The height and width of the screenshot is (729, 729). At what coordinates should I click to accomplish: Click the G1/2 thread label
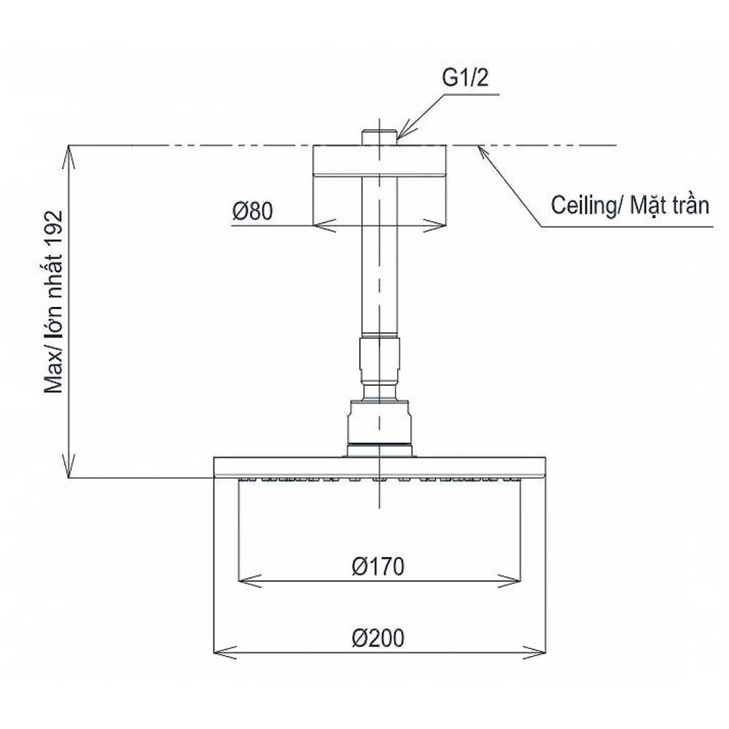pos(465,78)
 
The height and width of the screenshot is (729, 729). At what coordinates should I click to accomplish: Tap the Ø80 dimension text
pos(252,211)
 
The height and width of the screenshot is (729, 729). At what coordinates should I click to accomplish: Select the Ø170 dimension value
pos(378,566)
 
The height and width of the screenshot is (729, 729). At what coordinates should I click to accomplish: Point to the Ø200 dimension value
pos(378,638)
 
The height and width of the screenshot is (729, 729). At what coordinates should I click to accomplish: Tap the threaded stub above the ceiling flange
pos(379,138)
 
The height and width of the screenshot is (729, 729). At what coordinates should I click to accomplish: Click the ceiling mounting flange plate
pos(379,160)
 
